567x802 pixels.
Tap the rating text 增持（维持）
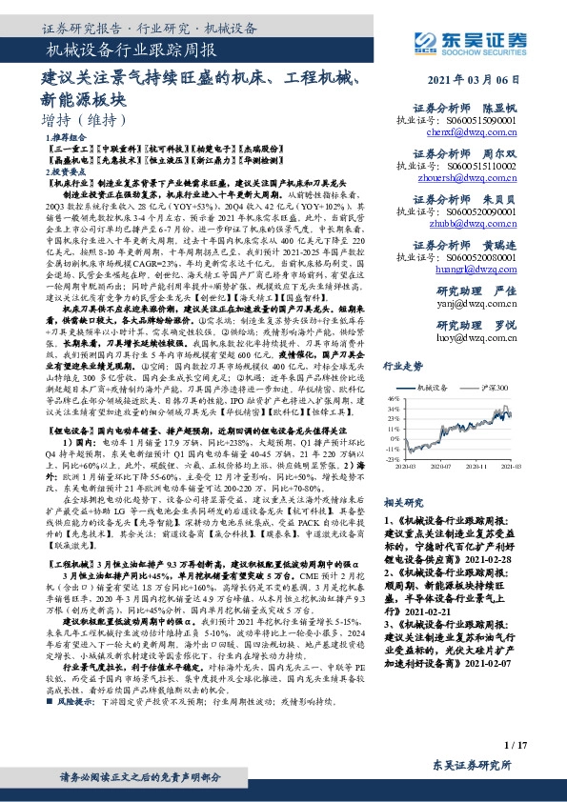click(x=85, y=121)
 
